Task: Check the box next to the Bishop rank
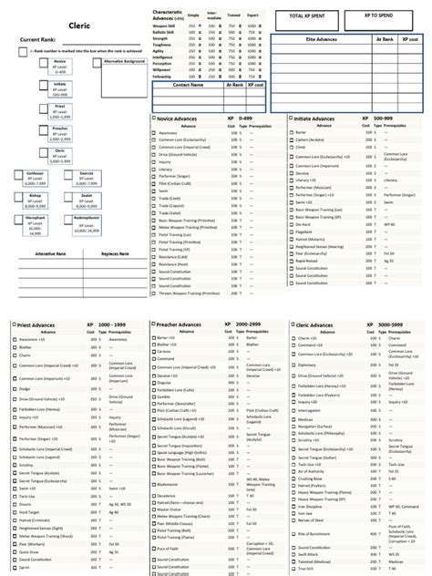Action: [x=20, y=197]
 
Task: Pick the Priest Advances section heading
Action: [x=42, y=324]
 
